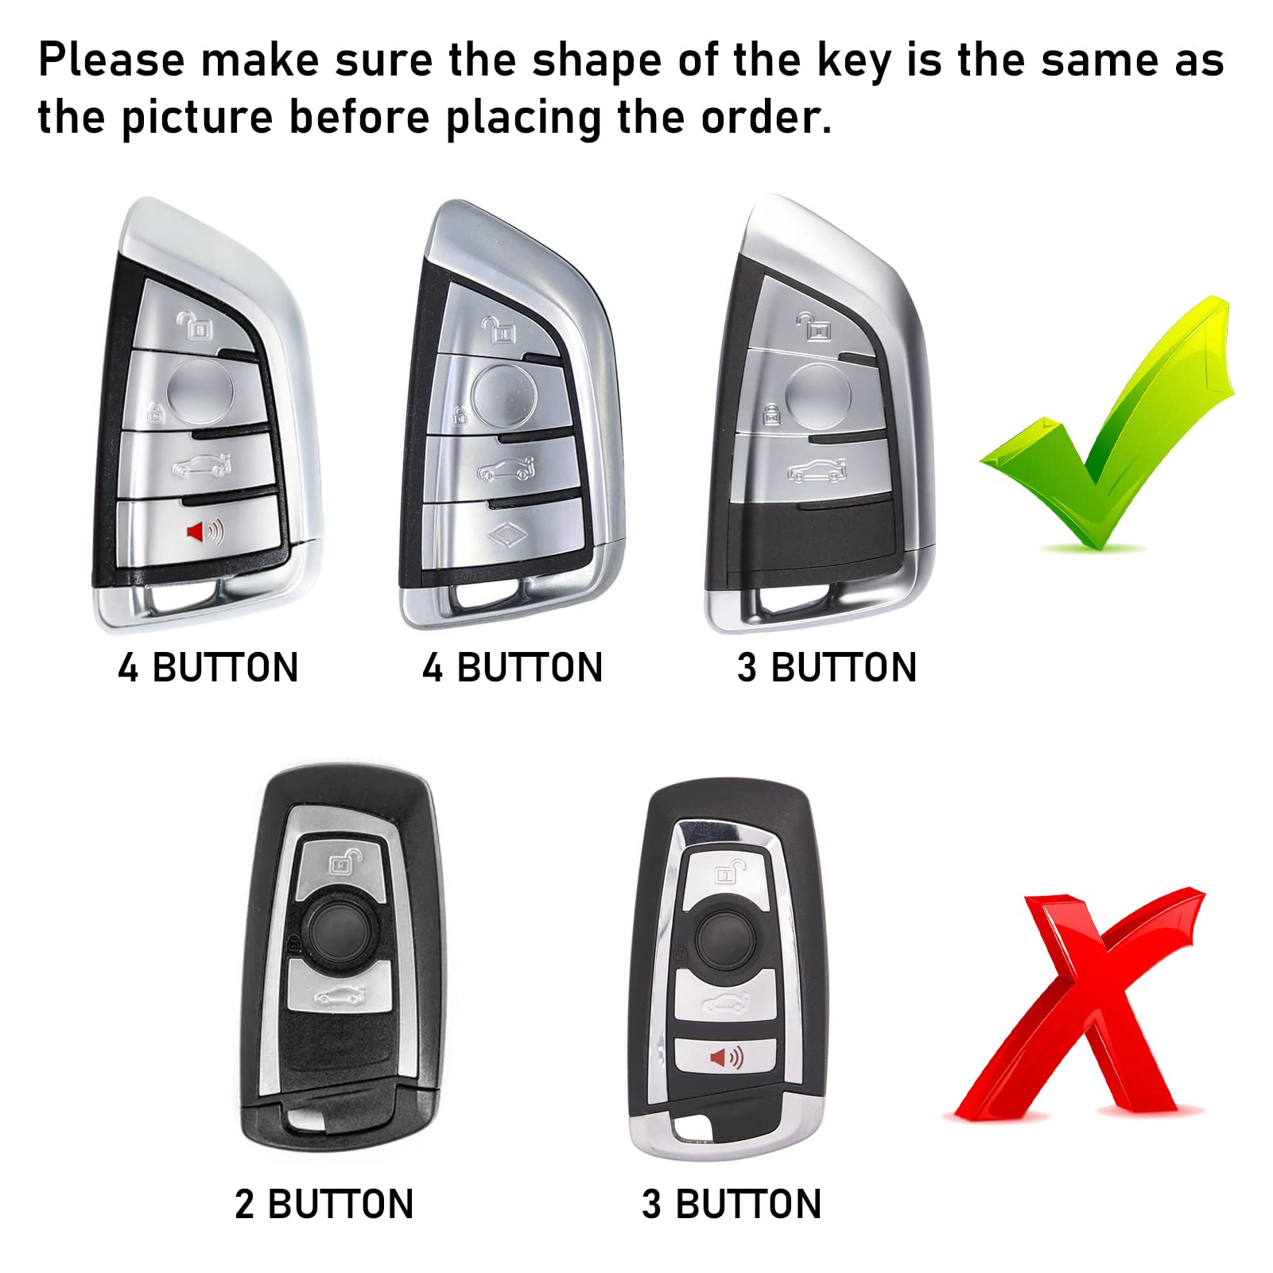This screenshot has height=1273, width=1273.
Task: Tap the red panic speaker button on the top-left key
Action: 204,530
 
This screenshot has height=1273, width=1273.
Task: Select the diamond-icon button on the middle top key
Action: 504,538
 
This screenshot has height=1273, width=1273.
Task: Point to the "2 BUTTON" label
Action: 324,1205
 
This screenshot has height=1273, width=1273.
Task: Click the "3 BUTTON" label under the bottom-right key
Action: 732,1205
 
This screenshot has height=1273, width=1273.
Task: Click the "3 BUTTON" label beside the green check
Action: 827,667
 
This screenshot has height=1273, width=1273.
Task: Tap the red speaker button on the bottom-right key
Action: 725,1058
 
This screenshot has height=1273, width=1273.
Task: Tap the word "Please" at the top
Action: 111,60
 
